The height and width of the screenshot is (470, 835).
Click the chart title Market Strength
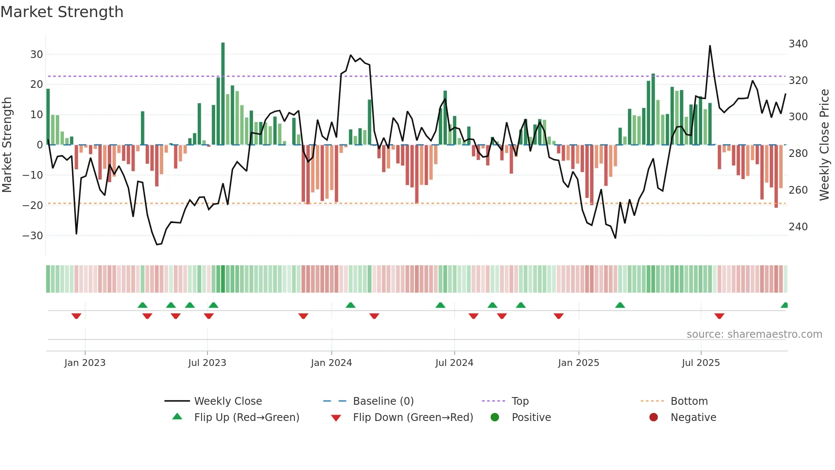pyautogui.click(x=62, y=12)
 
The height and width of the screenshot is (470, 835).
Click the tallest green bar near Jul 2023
pyautogui.click(x=223, y=94)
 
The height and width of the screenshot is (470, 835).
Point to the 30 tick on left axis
pyautogui.click(x=37, y=55)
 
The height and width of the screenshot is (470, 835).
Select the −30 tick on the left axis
pyautogui.click(x=33, y=235)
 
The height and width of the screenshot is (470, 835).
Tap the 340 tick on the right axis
pyautogui.click(x=798, y=44)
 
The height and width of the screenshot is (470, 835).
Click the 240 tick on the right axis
pyautogui.click(x=798, y=226)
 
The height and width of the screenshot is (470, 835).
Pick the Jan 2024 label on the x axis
pyautogui.click(x=331, y=363)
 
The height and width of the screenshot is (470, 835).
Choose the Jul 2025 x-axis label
pyautogui.click(x=701, y=363)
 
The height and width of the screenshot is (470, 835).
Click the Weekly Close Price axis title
pyautogui.click(x=824, y=145)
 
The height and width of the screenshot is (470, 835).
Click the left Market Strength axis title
pyautogui.click(x=7, y=145)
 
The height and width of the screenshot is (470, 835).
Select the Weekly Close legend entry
pyautogui.click(x=228, y=401)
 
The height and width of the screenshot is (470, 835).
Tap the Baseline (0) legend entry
pyautogui.click(x=383, y=401)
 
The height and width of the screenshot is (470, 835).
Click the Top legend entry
pyautogui.click(x=520, y=401)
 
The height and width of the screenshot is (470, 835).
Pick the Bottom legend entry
pyautogui.click(x=689, y=401)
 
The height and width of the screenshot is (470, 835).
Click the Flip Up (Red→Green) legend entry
pyautogui.click(x=247, y=418)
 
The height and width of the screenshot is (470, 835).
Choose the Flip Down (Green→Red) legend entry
pyautogui.click(x=413, y=418)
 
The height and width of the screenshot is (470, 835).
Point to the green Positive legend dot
pyautogui.click(x=495, y=417)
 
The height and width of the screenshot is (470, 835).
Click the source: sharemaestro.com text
pyautogui.click(x=754, y=334)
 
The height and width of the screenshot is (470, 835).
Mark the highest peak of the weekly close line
pyautogui.click(x=710, y=46)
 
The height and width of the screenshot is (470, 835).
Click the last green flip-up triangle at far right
pyautogui.click(x=784, y=305)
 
